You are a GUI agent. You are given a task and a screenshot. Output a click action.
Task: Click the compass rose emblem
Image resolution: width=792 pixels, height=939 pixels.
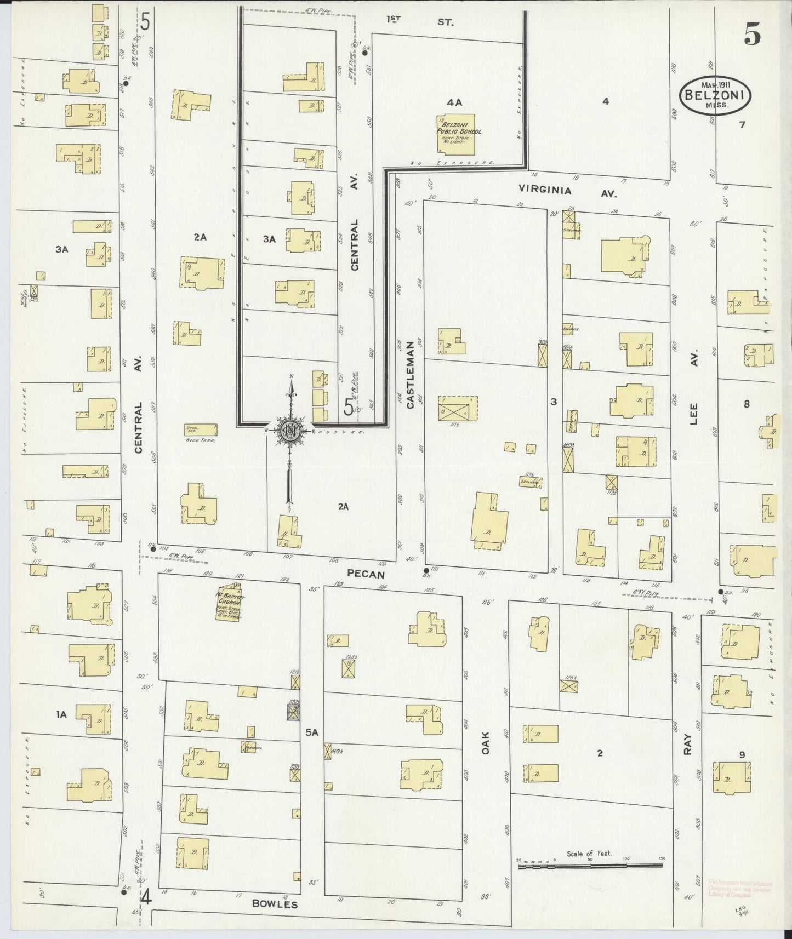[x=289, y=431]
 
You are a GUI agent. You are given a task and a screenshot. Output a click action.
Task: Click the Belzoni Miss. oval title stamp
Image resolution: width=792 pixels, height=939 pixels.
[x=715, y=95]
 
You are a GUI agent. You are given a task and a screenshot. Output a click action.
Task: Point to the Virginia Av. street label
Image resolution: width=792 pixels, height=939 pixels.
[x=568, y=191]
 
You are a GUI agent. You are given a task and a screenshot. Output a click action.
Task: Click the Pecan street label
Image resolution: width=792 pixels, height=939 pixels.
[x=366, y=575]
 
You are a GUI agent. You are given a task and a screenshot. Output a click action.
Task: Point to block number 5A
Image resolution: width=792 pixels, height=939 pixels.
[x=312, y=731]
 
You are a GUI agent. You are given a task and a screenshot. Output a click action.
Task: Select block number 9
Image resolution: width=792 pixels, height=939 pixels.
[x=742, y=754]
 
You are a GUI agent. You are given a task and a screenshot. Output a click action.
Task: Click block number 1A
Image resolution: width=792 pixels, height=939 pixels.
[x=61, y=714]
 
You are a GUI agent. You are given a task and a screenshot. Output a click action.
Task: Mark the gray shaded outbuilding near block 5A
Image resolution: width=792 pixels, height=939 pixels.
[x=295, y=712]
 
